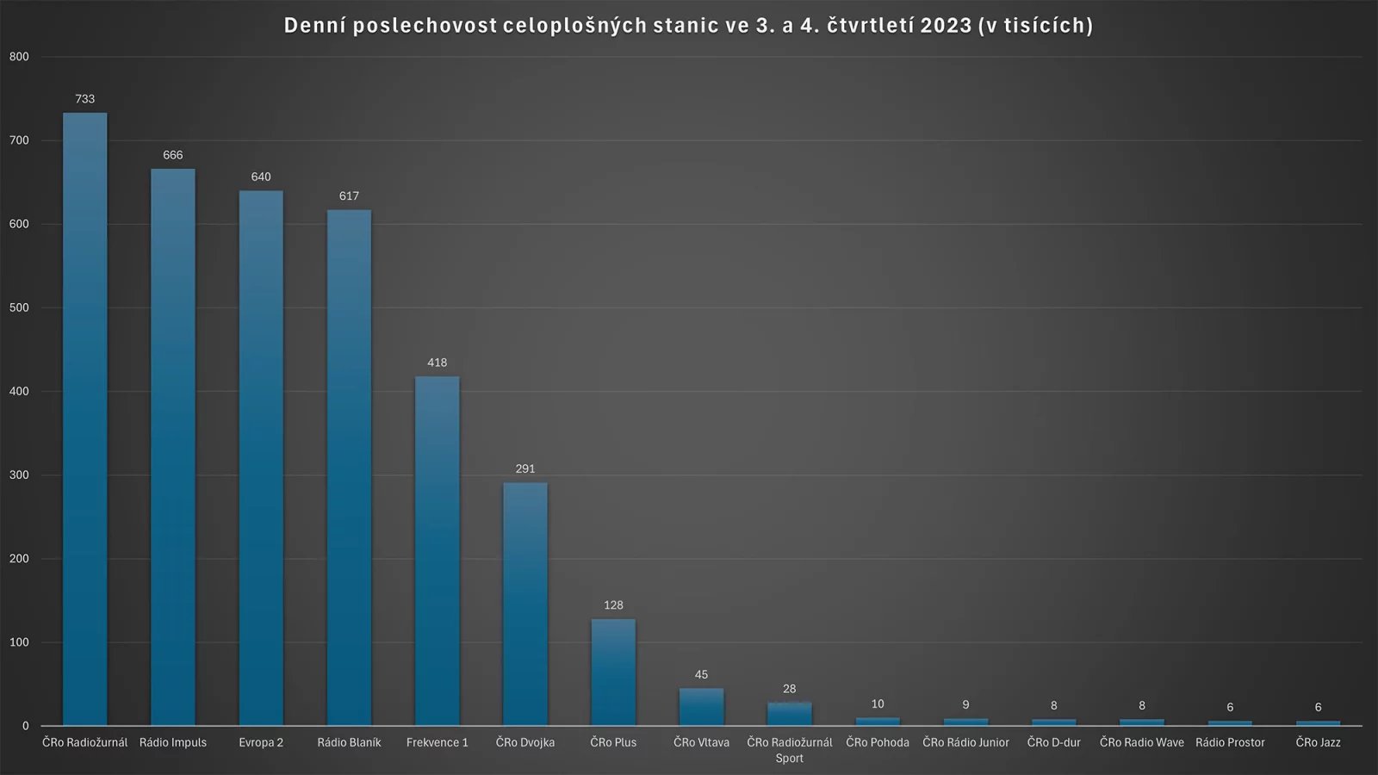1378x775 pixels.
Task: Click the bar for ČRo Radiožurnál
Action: pos(84,419)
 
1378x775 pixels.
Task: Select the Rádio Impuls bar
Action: pos(173,447)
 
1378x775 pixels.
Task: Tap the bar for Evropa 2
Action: pos(261,458)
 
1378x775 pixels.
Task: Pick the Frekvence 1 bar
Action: pos(438,551)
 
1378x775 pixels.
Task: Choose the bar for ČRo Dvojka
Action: pos(525,604)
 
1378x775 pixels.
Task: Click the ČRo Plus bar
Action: pos(613,672)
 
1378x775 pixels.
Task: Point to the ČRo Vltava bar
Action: pos(701,707)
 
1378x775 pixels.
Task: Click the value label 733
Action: pos(84,99)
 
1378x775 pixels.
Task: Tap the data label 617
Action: pos(349,196)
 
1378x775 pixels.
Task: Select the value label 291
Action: pos(525,469)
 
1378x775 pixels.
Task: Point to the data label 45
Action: pos(701,675)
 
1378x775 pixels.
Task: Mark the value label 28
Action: pos(790,689)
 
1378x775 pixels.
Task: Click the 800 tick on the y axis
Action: pos(19,57)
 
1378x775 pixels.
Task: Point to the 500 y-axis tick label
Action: pos(19,307)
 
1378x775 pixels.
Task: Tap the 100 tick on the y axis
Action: pos(19,642)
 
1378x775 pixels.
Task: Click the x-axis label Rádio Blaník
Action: pos(349,742)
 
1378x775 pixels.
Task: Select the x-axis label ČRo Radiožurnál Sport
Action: pos(790,750)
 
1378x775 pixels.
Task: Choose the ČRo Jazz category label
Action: pos(1318,742)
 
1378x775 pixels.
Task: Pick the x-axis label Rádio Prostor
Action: pos(1230,742)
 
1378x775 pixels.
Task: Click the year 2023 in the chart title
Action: pos(945,26)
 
